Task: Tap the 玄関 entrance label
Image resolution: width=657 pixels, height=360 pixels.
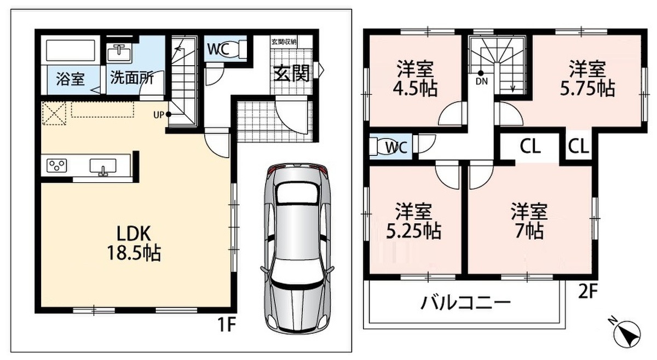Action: (x=291, y=73)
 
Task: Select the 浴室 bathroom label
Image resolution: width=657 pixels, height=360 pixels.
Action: (x=71, y=79)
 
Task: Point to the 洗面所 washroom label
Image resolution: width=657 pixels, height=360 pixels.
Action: (x=132, y=78)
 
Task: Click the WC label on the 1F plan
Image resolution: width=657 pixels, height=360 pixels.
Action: (x=218, y=49)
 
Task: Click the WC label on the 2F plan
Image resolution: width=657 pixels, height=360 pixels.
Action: (x=396, y=147)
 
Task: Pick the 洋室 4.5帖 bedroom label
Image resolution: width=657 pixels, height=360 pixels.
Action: (x=415, y=79)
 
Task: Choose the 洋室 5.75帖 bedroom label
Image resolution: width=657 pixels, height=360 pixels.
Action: (x=587, y=78)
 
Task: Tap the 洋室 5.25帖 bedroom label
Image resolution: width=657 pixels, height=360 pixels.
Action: (x=413, y=220)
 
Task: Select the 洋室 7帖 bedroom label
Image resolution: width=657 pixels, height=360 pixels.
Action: (x=529, y=220)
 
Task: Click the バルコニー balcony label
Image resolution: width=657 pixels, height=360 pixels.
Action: (x=466, y=303)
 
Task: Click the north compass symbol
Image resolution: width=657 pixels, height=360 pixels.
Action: (x=627, y=335)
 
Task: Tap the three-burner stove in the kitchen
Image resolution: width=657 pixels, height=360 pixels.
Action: (x=57, y=166)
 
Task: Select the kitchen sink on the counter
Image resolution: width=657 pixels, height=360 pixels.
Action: (x=103, y=166)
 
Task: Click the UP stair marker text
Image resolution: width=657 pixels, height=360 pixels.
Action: (x=158, y=115)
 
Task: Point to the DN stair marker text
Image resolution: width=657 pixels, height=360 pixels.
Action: (x=482, y=81)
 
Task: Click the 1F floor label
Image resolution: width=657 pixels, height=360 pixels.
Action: (x=227, y=324)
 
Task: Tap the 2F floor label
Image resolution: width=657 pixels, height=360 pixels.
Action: (x=587, y=291)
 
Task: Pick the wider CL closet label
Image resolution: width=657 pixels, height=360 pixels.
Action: (x=531, y=146)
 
